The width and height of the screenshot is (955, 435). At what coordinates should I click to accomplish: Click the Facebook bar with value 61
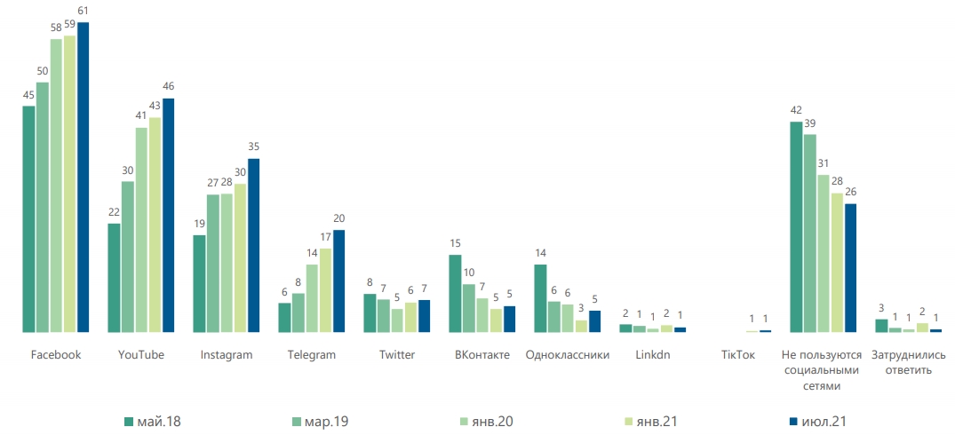pos(84,178)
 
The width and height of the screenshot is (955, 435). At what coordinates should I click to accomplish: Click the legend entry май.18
pos(152,421)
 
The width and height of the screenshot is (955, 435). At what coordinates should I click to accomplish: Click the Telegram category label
pos(312,355)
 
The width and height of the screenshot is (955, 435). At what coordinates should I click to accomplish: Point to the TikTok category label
pos(738,355)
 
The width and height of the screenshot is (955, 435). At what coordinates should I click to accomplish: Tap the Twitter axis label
pos(397,355)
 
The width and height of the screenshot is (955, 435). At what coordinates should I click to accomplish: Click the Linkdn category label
pos(653,355)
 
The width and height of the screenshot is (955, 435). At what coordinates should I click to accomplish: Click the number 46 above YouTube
pos(168,86)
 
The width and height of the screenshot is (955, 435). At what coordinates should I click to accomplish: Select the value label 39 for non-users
pos(809,123)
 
